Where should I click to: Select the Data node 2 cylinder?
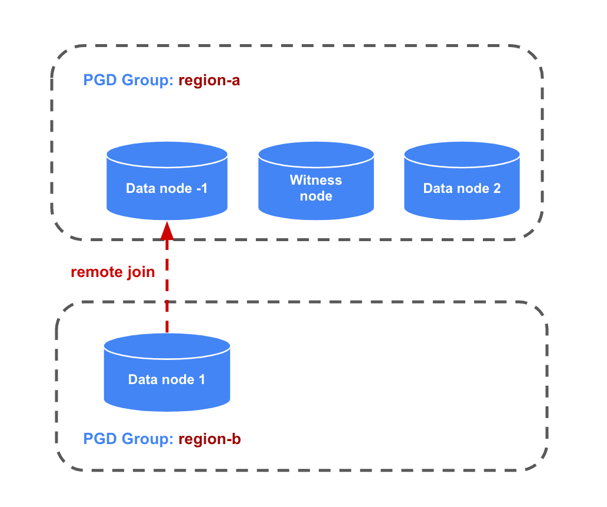click(x=462, y=188)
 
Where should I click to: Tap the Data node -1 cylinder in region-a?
click(x=167, y=188)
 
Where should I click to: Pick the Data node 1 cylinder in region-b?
click(x=166, y=379)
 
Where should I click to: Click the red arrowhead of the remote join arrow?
click(x=167, y=231)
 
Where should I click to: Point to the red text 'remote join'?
click(x=112, y=272)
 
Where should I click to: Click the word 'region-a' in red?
click(x=209, y=81)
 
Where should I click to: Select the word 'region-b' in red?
click(x=209, y=439)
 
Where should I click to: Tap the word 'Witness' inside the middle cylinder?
click(x=316, y=181)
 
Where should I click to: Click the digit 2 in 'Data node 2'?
click(x=497, y=189)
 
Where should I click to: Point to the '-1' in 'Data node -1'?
click(x=202, y=189)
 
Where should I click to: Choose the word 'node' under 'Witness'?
click(x=316, y=196)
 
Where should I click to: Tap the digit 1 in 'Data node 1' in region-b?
click(x=201, y=379)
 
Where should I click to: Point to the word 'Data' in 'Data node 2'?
click(x=436, y=189)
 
